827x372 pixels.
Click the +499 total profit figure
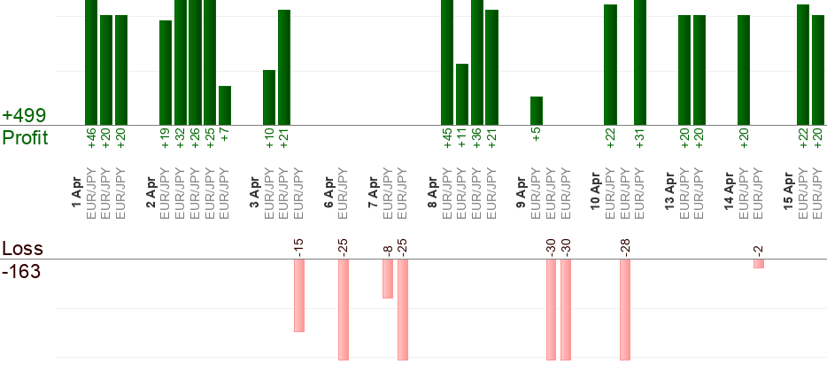(24, 116)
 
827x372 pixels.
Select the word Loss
(21, 249)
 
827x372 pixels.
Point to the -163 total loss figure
(22, 271)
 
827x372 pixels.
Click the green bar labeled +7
(225, 105)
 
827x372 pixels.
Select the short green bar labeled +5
(537, 111)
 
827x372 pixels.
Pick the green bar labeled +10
(269, 97)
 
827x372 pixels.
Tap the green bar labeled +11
(462, 94)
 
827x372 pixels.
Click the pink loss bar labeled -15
(299, 295)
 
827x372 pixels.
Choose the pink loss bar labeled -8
(388, 278)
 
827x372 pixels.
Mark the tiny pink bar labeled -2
(759, 263)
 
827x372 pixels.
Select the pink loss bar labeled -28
(625, 309)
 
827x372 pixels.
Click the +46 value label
(91, 137)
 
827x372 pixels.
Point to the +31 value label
(640, 137)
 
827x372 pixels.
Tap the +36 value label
(477, 137)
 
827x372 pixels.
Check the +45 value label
(447, 137)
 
